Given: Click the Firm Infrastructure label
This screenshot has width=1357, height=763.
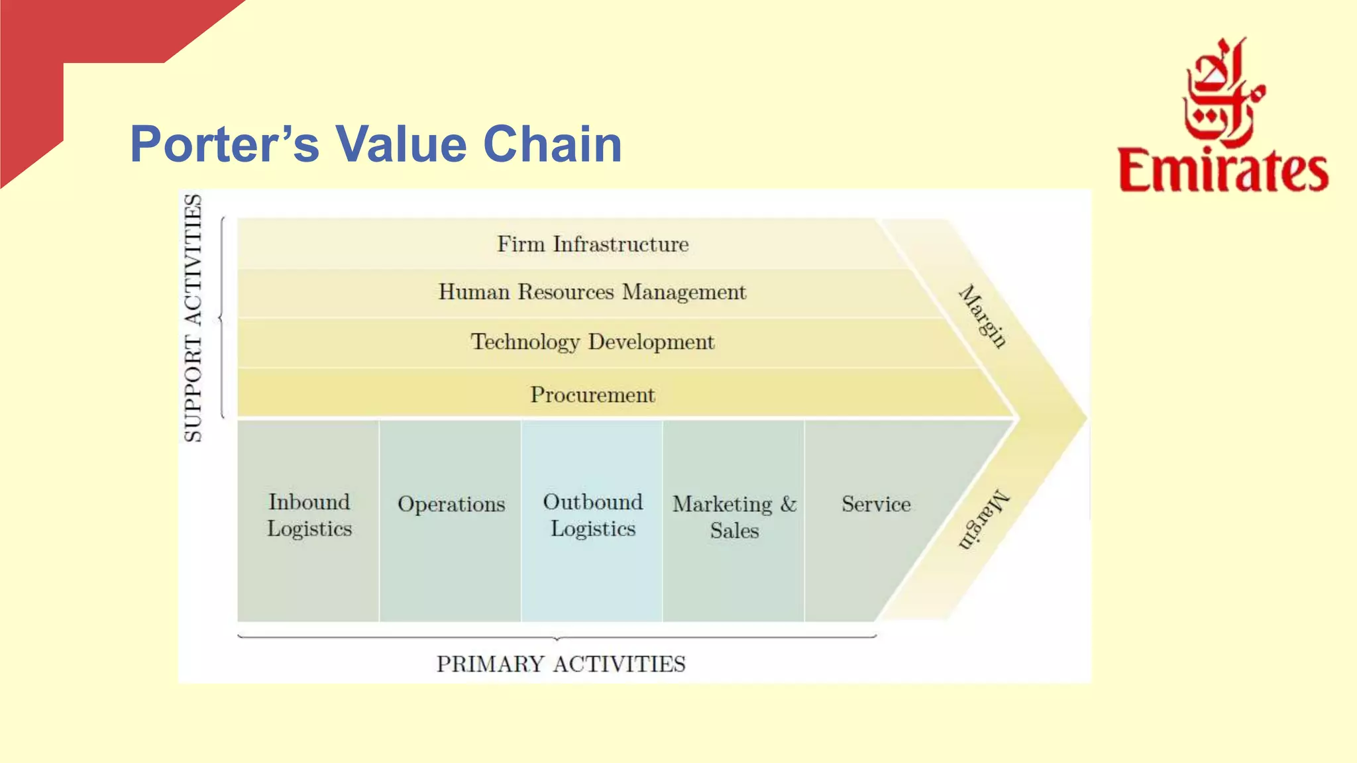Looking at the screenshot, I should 593,244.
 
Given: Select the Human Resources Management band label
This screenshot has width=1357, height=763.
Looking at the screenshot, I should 592,292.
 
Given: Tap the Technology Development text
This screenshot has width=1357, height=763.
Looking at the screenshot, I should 592,342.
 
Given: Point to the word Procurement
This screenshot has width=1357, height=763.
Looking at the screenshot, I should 592,395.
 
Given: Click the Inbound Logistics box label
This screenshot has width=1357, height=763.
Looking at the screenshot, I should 309,515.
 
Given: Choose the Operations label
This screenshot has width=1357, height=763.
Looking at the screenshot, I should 451,505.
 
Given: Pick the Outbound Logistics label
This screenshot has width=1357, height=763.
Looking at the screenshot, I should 593,515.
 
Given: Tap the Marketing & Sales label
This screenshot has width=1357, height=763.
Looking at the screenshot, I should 734,517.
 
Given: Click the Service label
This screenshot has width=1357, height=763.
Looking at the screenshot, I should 876,505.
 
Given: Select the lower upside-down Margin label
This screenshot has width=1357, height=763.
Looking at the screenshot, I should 983,520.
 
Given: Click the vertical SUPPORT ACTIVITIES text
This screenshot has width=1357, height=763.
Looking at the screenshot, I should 193,318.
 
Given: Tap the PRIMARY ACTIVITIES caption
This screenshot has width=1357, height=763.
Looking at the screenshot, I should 561,664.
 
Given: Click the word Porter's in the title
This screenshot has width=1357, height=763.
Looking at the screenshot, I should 225,144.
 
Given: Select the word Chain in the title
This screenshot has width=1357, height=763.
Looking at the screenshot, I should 553,144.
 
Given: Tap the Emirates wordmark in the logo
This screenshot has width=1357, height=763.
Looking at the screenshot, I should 1223,171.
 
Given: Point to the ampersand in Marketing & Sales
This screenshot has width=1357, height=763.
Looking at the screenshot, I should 788,505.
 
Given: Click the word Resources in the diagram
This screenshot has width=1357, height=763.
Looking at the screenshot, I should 566,292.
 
